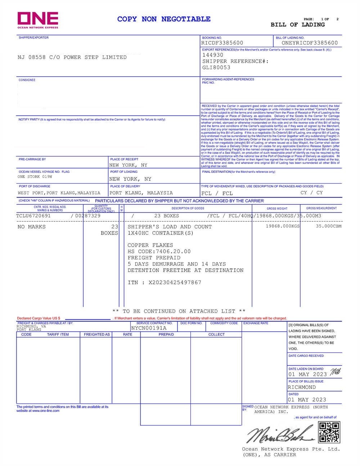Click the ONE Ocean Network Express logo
tap(38, 20)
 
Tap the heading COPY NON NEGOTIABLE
tap(164, 19)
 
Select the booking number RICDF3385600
tap(222, 43)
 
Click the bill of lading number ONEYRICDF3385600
tap(310, 43)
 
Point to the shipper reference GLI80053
tap(216, 67)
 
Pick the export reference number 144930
tap(213, 55)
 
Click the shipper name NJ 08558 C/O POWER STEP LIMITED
tap(72, 57)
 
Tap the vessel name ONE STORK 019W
tap(35, 177)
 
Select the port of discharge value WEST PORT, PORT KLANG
tap(59, 193)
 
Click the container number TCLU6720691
tap(33, 216)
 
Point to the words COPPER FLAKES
tap(150, 245)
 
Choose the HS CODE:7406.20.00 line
tap(159, 251)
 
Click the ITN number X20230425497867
tap(175, 282)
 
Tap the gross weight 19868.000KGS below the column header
tap(283, 226)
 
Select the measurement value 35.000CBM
tap(328, 226)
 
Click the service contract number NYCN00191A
tap(149, 328)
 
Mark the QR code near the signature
tap(329, 432)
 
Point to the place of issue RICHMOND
tap(302, 387)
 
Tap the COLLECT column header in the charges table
tap(216, 335)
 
